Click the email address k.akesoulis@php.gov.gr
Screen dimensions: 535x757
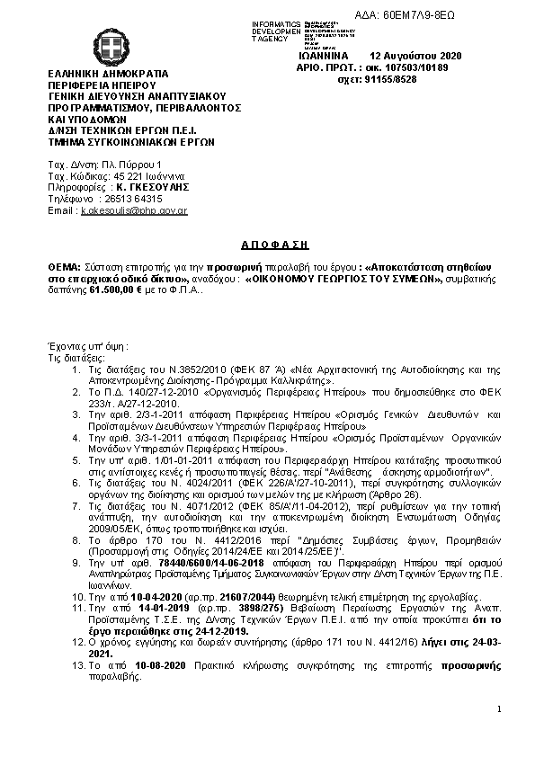[133, 210]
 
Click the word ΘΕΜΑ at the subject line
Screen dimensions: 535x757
[63, 268]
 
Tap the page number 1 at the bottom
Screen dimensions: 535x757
[497, 710]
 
